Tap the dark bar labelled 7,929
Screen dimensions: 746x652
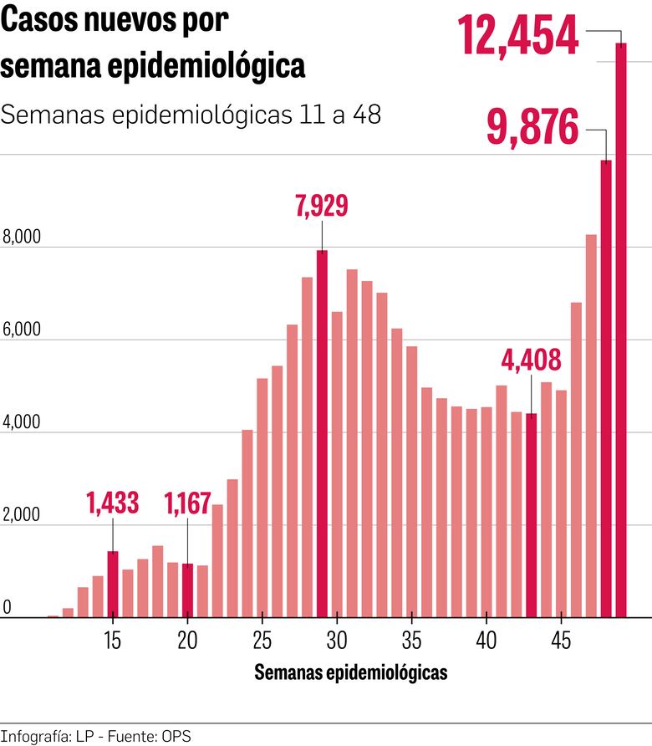[322, 434]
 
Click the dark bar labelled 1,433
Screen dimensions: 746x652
[113, 585]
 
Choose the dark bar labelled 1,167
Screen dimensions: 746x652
[187, 590]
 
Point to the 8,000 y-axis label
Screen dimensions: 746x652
[22, 238]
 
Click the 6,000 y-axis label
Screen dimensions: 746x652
[22, 330]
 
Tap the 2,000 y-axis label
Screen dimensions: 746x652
[22, 516]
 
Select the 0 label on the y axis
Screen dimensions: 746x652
[6, 608]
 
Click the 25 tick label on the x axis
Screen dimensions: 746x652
[262, 641]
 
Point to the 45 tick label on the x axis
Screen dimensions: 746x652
[561, 641]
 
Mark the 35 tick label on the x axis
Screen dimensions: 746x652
[411, 641]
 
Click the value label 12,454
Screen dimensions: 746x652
[518, 35]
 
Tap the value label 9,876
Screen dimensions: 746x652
[532, 129]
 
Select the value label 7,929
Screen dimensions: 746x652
[322, 206]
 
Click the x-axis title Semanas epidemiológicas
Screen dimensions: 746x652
[350, 672]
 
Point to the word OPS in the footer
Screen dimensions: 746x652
[179, 736]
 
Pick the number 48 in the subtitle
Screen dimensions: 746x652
[365, 115]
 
